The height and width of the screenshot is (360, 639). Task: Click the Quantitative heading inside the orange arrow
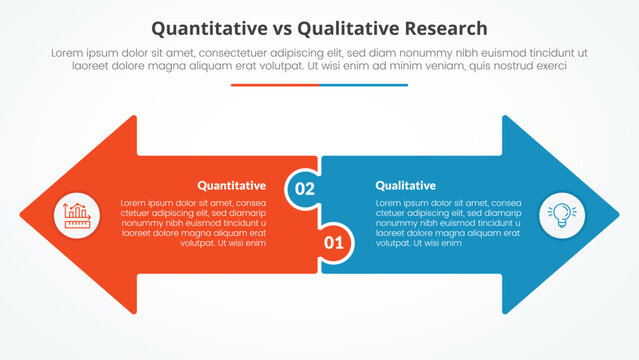[231, 185]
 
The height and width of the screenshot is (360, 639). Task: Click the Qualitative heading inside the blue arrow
[405, 185]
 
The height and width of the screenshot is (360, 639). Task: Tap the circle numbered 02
[304, 188]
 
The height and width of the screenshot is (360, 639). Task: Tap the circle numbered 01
[334, 241]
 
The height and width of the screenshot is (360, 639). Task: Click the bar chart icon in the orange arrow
[77, 214]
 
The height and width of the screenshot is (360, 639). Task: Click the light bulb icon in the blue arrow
[561, 214]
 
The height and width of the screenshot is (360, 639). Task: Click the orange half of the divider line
[275, 85]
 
